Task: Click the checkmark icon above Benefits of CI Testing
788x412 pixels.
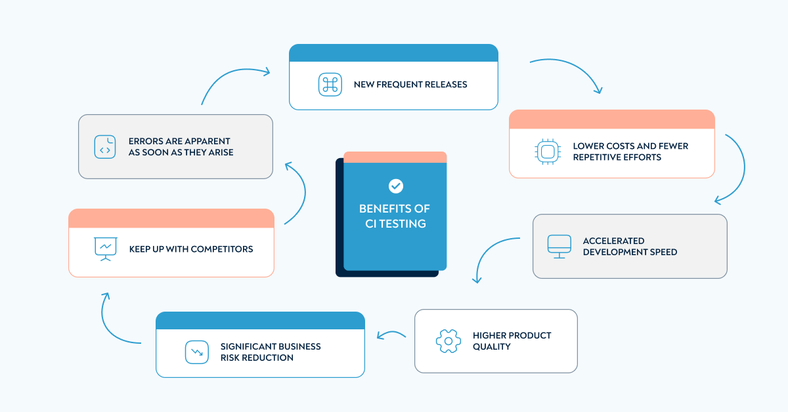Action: click(395, 186)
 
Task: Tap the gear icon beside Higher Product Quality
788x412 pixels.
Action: click(448, 341)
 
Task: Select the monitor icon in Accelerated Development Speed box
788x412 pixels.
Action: click(559, 246)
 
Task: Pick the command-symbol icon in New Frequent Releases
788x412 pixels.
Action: click(330, 85)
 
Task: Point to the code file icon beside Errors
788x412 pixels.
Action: click(104, 146)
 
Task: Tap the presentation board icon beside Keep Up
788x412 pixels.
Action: click(105, 249)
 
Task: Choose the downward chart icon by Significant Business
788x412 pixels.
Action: click(196, 352)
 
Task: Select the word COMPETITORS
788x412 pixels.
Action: click(222, 249)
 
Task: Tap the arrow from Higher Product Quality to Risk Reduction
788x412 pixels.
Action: click(391, 335)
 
